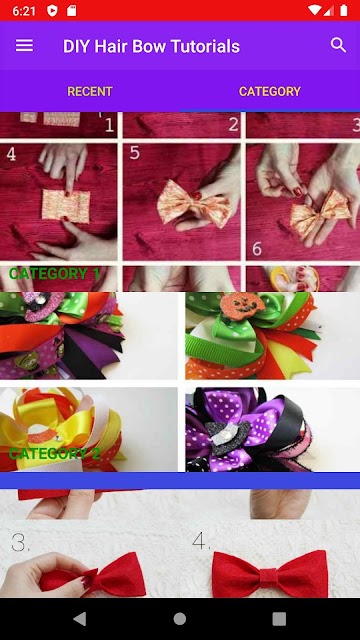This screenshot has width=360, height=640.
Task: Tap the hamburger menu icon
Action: [x=24, y=46]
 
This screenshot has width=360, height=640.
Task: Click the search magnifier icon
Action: [x=338, y=45]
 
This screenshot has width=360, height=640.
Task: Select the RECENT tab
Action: [x=90, y=91]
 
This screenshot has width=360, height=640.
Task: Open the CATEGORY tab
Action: [x=270, y=91]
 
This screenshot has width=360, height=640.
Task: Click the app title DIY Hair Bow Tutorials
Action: [x=151, y=46]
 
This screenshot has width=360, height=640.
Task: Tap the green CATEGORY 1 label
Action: [x=54, y=273]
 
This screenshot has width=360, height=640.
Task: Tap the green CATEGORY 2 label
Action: [x=54, y=453]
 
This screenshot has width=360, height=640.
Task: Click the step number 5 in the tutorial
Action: [x=135, y=153]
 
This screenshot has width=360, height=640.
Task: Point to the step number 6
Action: [x=257, y=248]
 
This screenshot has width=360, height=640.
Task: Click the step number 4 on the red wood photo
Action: [x=11, y=154]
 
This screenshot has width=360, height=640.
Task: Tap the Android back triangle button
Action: [x=80, y=619]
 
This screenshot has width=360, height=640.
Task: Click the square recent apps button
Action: [x=279, y=619]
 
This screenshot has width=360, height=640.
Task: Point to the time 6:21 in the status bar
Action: [x=24, y=11]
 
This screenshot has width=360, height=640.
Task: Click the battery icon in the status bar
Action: [x=344, y=11]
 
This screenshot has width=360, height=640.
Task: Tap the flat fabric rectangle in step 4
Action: [x=66, y=206]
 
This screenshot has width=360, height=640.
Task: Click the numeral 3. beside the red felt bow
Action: [x=20, y=542]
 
